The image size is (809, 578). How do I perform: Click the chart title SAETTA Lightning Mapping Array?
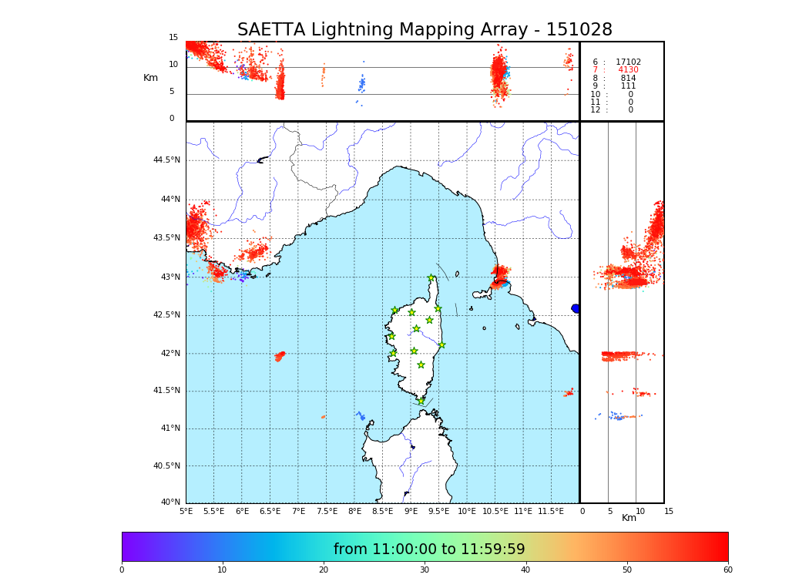(425, 30)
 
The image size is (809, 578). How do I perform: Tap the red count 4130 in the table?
(628, 70)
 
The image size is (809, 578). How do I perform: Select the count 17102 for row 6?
(628, 62)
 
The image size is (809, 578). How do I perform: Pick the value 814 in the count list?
(628, 79)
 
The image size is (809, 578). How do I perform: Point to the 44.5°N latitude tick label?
(166, 160)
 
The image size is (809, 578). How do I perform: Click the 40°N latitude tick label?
(170, 502)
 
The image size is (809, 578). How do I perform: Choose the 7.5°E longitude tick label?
(327, 511)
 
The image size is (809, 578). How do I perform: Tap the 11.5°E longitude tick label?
(551, 511)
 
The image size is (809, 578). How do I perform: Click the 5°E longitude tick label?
(186, 511)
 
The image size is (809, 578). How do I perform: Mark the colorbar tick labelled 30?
(425, 570)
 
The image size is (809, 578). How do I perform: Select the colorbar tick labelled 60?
(727, 570)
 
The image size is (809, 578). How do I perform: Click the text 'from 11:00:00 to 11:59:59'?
(429, 549)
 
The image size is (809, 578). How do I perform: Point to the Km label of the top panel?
(151, 78)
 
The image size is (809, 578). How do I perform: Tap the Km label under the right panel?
(629, 518)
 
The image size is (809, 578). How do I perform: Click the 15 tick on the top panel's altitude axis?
(173, 38)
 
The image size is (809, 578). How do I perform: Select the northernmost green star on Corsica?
(431, 278)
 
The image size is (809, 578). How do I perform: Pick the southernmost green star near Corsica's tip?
(421, 402)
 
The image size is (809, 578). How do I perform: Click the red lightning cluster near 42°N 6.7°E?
(280, 356)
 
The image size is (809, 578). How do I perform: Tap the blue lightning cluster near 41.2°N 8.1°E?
(361, 416)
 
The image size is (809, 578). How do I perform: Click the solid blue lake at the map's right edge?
(576, 308)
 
